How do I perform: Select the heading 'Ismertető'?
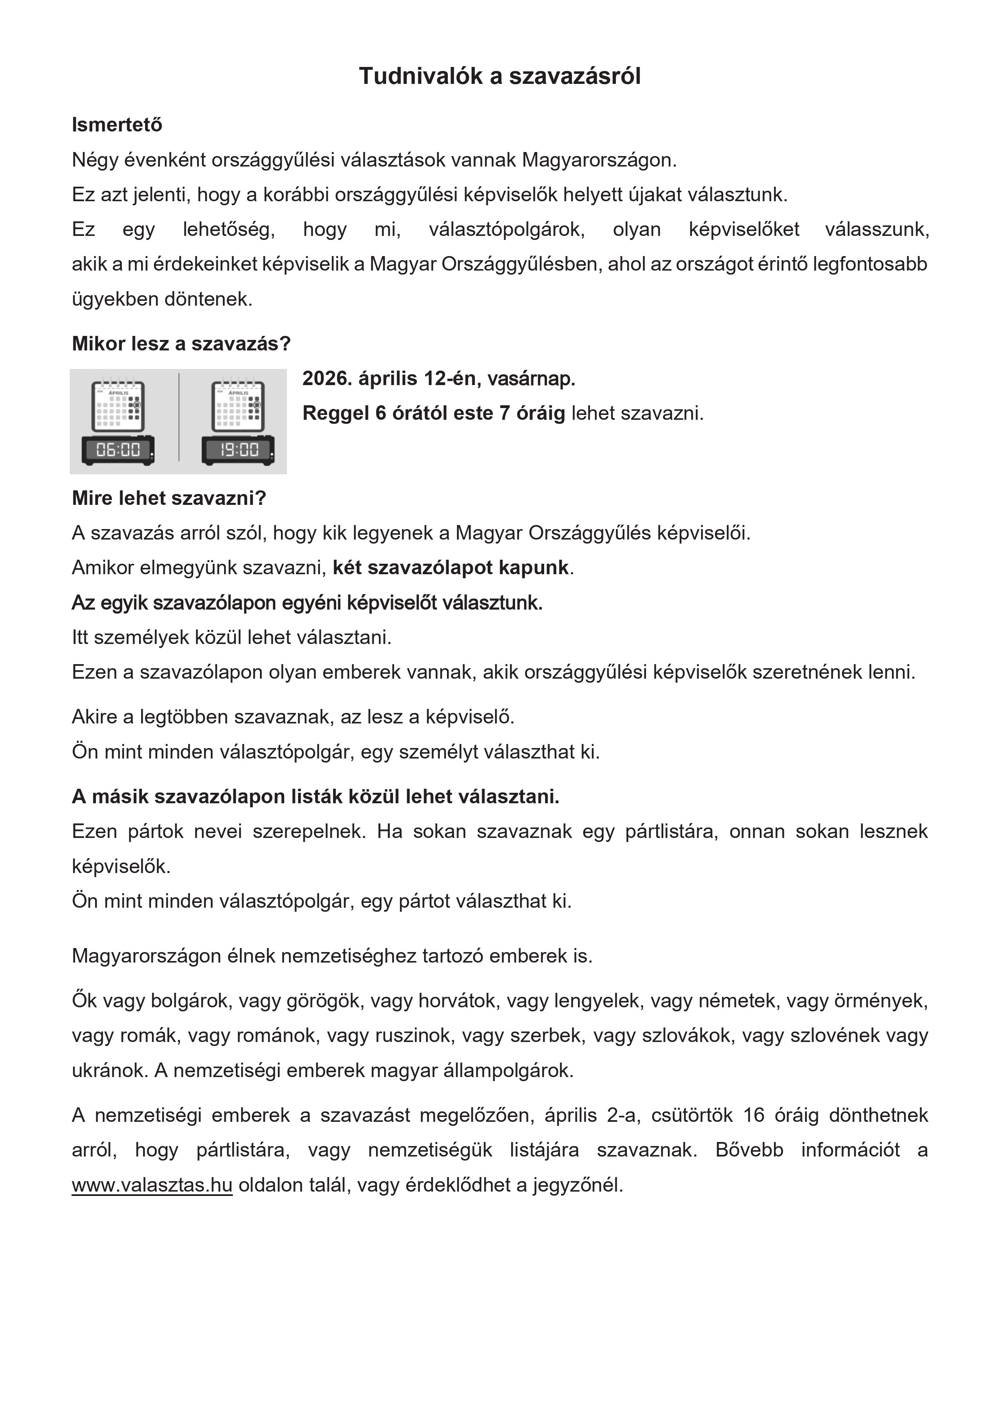[x=117, y=125]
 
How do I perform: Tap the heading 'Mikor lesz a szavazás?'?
[x=181, y=343]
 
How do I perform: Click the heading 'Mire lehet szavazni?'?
[x=169, y=498]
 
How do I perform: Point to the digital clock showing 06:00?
[x=119, y=450]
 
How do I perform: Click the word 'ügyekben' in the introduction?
[x=115, y=300]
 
